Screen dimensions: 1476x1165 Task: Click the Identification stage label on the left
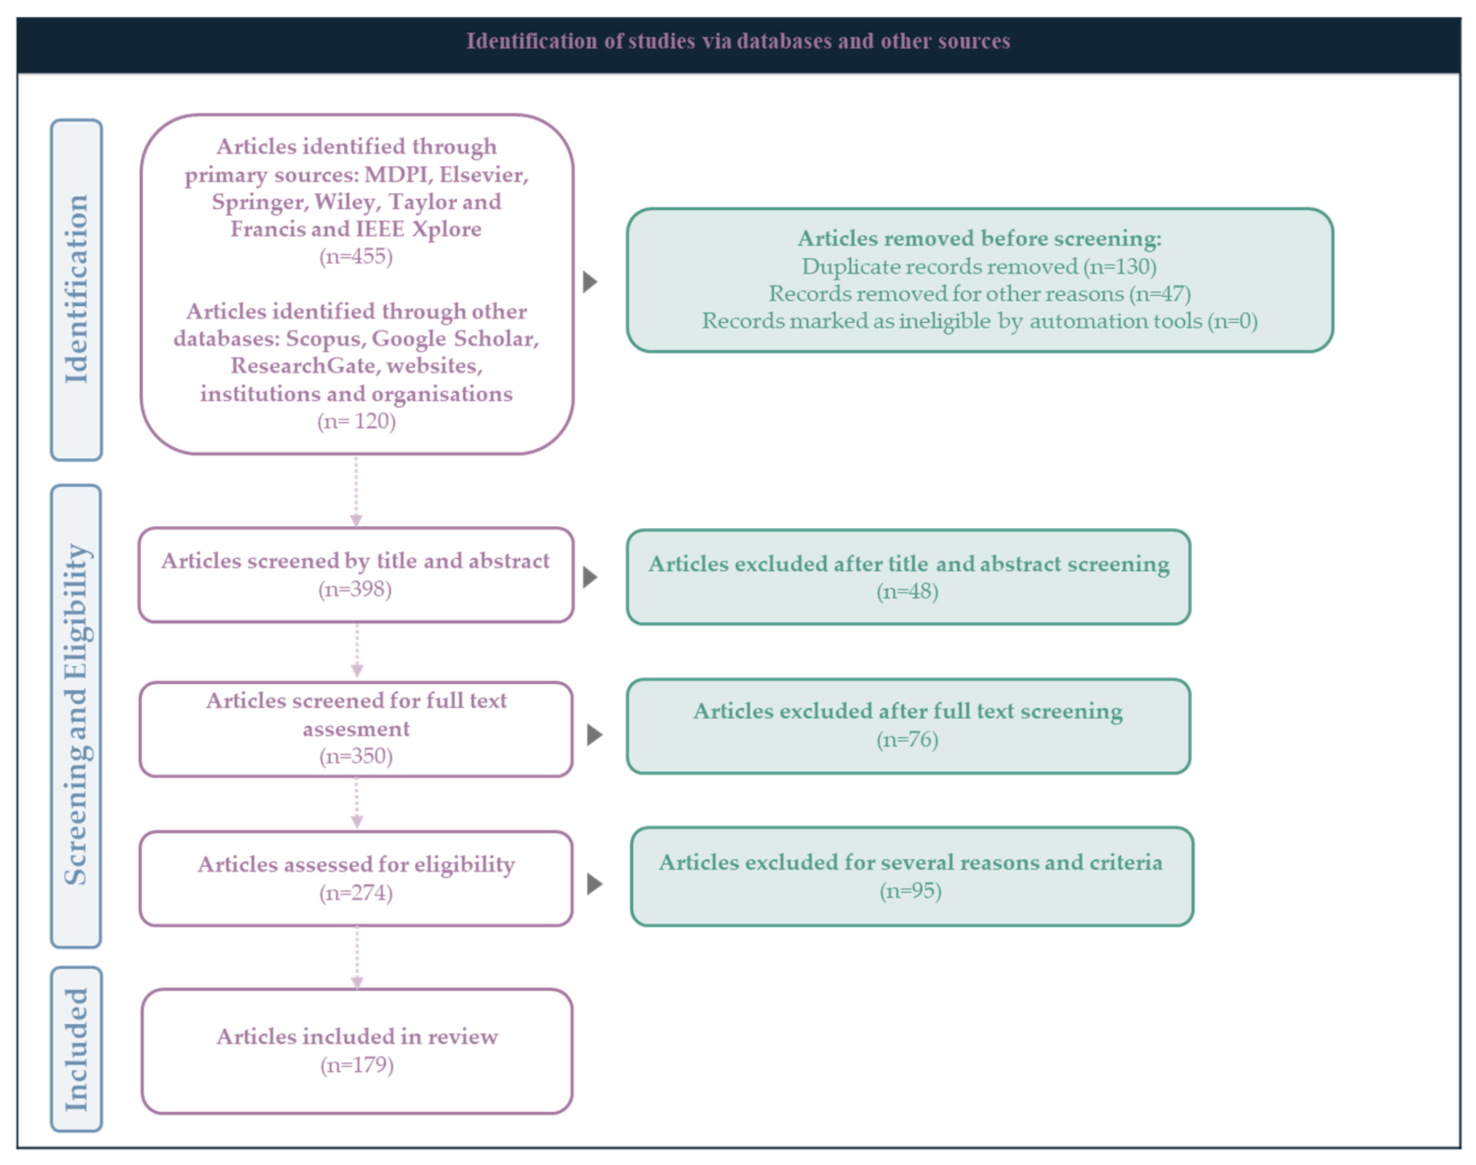[76, 289]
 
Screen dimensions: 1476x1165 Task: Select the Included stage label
[76, 1049]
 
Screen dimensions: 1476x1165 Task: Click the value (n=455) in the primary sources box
[356, 257]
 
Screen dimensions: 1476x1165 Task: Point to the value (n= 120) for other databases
[356, 421]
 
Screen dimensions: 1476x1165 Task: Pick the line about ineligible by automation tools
[980, 321]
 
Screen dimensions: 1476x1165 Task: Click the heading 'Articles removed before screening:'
[980, 238]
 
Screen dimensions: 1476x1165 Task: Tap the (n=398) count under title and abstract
[355, 589]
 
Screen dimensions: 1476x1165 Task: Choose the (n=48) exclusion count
[907, 591]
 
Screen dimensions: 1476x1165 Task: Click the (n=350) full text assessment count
[356, 756]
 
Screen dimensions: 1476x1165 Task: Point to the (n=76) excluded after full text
[907, 739]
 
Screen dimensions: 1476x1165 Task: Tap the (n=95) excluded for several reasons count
[911, 891]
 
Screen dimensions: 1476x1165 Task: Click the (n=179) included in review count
[357, 1065]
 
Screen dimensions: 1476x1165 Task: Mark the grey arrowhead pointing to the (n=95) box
[595, 884]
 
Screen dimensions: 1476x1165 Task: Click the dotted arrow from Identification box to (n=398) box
[356, 491]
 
